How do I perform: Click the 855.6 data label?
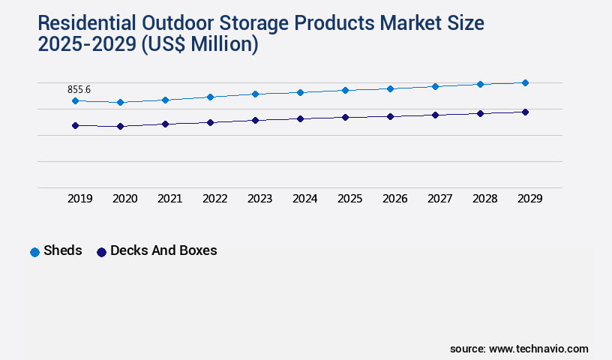(79, 89)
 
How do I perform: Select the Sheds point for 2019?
(75, 100)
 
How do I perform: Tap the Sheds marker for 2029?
(525, 82)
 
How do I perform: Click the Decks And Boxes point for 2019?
(75, 125)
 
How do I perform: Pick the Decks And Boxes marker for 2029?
(525, 112)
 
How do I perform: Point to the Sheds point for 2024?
(300, 92)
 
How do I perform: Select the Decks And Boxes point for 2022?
(210, 122)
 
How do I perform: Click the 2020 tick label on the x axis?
(124, 199)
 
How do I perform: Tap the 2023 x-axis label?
(259, 199)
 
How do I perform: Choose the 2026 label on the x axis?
(394, 199)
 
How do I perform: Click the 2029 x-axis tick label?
(529, 199)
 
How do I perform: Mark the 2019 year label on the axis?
(79, 199)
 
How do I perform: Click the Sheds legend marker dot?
(34, 252)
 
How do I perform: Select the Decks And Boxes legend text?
(163, 250)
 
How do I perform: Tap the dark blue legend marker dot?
(101, 252)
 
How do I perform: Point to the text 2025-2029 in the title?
(84, 45)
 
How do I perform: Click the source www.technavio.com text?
(519, 349)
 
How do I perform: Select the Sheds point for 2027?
(435, 86)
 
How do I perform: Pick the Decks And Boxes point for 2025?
(345, 117)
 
